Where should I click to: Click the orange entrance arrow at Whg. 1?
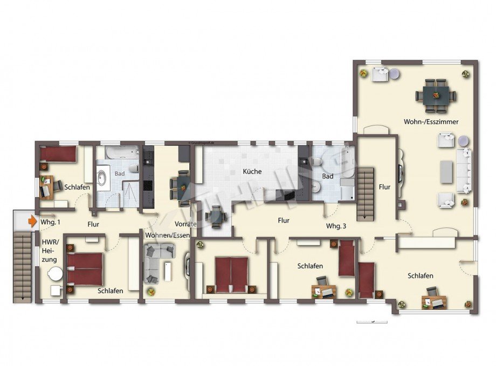click(x=33, y=220)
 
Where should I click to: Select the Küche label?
click(x=252, y=171)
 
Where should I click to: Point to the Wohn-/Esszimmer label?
click(x=431, y=122)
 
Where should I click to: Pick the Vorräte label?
click(x=185, y=224)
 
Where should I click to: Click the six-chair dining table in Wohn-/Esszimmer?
click(x=436, y=95)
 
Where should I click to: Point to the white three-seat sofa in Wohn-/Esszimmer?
click(x=464, y=170)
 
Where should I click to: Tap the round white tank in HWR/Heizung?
click(x=55, y=274)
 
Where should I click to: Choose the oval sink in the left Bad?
click(x=102, y=176)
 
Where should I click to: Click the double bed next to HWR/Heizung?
click(x=85, y=268)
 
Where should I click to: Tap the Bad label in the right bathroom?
click(x=327, y=176)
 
